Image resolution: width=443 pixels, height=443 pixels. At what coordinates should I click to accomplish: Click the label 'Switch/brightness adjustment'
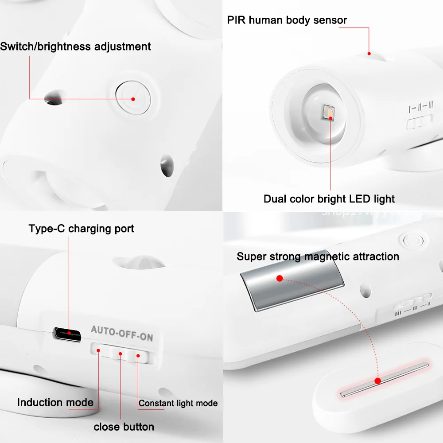tap(75, 47)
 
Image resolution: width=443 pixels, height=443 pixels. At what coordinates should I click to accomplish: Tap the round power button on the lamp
tap(133, 95)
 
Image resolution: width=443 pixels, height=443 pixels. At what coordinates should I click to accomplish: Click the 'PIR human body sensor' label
tap(287, 20)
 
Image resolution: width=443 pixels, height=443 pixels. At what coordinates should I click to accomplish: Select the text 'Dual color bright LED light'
tap(329, 199)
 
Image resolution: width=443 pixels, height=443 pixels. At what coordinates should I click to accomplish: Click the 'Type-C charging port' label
tap(81, 229)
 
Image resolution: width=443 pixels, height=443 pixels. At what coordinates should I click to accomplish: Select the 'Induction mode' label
tap(55, 402)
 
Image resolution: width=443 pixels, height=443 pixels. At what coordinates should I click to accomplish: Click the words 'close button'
tap(124, 427)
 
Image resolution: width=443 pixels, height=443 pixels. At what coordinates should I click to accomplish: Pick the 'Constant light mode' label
tap(178, 403)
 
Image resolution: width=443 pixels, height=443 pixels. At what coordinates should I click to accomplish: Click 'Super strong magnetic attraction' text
tap(318, 256)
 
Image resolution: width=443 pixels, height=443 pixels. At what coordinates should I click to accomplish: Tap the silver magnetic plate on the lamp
tap(292, 286)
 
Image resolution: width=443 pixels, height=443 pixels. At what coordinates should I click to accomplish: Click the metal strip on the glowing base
tap(385, 379)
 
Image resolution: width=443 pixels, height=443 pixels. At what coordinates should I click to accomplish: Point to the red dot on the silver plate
tap(280, 278)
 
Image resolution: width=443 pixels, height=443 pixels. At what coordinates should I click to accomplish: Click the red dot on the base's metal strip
tap(378, 381)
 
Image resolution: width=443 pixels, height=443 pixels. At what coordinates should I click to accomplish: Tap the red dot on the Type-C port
tap(69, 333)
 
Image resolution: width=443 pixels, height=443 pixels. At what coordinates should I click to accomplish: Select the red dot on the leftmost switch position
tap(99, 351)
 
